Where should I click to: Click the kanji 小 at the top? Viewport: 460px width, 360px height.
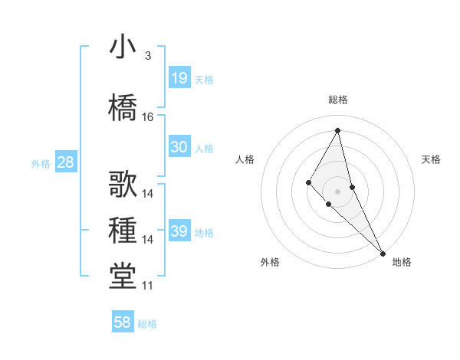[122, 48]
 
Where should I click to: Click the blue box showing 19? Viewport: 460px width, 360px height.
[179, 78]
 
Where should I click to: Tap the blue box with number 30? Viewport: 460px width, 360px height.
[179, 147]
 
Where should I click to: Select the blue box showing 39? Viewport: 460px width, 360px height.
[179, 231]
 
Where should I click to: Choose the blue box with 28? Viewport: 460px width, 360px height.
[64, 162]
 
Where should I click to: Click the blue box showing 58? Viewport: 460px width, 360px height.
[123, 322]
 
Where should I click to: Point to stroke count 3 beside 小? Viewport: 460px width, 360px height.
[147, 55]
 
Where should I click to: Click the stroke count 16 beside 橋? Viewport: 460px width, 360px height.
[148, 117]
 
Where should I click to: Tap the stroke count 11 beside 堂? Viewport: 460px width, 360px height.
[148, 286]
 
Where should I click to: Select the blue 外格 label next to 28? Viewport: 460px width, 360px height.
[41, 163]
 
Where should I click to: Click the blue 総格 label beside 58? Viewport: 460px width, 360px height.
[147, 323]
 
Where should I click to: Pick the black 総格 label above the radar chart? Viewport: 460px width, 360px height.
[338, 100]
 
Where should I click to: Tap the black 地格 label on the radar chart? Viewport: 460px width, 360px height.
[402, 262]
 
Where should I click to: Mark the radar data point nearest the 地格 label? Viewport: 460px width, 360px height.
[382, 253]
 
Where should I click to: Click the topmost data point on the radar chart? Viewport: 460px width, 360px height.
[338, 130]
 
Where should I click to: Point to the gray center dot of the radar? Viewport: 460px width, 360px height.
[338, 191]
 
